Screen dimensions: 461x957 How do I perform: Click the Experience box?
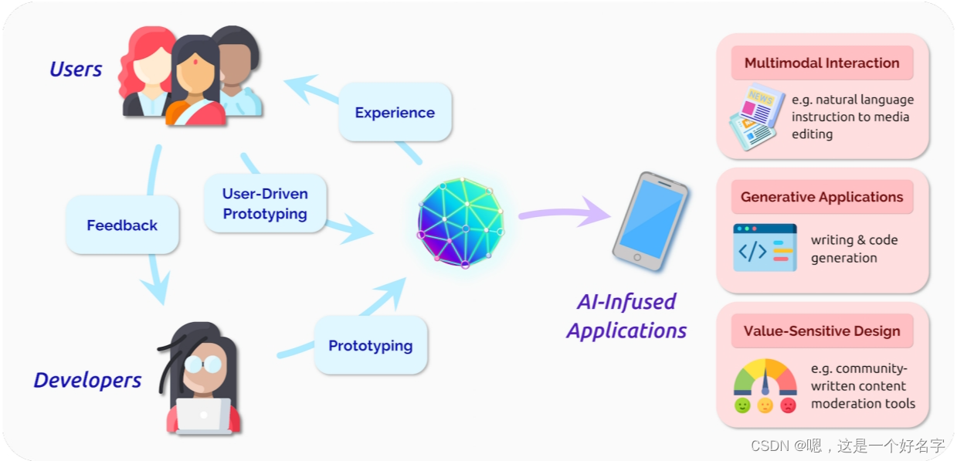(395, 112)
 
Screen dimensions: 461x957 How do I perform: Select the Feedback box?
(122, 225)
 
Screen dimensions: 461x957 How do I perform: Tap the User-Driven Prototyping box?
(265, 203)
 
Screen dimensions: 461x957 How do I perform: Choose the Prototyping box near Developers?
(370, 345)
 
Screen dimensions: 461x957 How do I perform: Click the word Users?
(76, 69)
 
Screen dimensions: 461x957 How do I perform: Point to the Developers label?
(87, 380)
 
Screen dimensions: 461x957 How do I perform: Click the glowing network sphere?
(460, 223)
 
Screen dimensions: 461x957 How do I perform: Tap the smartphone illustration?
(650, 221)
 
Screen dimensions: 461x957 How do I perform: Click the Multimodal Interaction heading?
(822, 63)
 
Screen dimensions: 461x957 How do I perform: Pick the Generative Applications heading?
(822, 197)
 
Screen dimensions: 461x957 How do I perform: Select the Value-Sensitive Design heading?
(822, 331)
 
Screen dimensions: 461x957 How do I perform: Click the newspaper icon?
(753, 116)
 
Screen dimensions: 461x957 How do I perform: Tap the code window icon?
(764, 248)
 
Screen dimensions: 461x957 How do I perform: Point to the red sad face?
(788, 405)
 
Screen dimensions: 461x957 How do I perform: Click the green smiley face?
(742, 405)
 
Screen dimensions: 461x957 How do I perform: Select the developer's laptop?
(203, 416)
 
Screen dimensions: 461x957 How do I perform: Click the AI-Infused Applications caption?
(626, 316)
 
